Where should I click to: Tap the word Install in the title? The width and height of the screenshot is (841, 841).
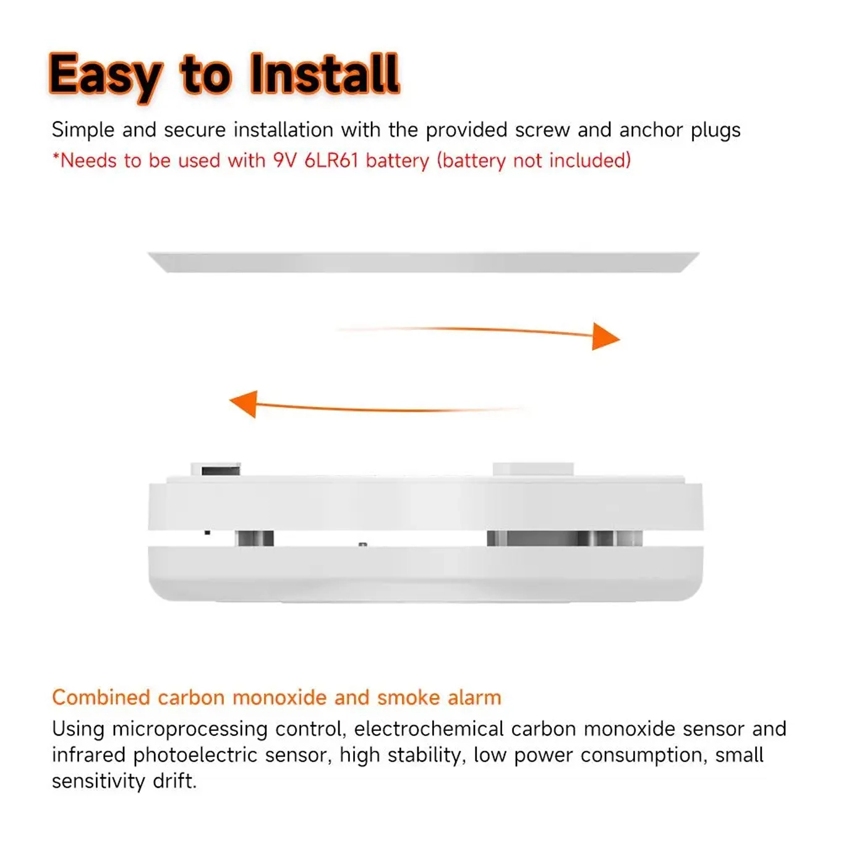[325, 74]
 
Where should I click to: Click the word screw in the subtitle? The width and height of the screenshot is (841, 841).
[542, 130]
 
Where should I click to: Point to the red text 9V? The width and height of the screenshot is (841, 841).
[285, 161]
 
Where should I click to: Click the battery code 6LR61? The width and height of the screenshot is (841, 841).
[331, 161]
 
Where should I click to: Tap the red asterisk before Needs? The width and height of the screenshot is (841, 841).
[56, 156]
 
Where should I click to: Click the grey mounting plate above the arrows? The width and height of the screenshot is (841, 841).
[424, 262]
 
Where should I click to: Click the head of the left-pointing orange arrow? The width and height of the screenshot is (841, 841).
[244, 404]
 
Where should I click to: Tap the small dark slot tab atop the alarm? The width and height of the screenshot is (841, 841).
[220, 471]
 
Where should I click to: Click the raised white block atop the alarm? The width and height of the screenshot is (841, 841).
[533, 469]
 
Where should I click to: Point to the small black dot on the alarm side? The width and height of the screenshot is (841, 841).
[207, 532]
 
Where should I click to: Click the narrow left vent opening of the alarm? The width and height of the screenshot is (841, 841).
[254, 538]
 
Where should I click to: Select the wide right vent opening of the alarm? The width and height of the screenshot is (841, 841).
[565, 538]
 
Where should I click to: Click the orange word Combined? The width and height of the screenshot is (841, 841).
[101, 698]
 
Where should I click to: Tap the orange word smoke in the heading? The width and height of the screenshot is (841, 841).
[409, 698]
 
